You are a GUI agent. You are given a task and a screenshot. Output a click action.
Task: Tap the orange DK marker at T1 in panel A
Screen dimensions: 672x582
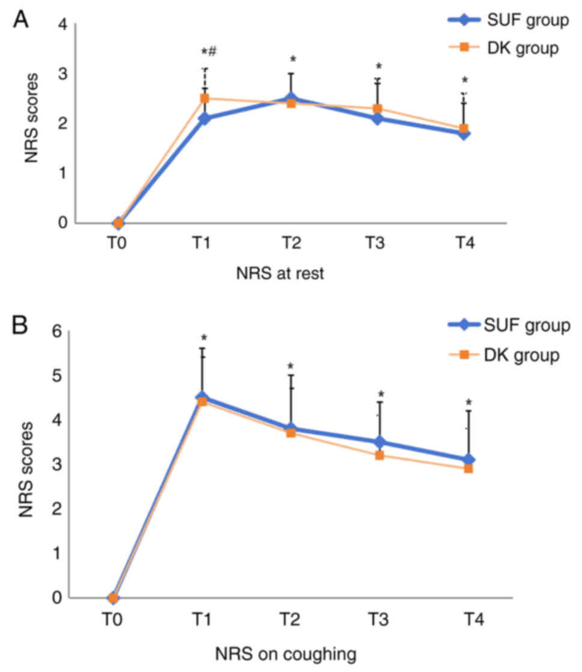pos(204,98)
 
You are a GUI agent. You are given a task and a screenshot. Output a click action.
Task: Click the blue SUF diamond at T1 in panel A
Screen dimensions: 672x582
pos(204,118)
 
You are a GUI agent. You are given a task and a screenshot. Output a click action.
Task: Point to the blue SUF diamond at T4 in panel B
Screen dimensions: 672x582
pos(468,460)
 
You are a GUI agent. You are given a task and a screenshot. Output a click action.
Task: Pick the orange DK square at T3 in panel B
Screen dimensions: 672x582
pos(380,455)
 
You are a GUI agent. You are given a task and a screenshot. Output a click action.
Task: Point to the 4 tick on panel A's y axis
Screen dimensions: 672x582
pos(62,25)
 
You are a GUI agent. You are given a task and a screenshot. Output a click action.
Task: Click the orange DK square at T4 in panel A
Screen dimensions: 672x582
pos(464,128)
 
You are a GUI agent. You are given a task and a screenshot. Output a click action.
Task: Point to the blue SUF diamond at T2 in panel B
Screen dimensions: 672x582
pos(291,428)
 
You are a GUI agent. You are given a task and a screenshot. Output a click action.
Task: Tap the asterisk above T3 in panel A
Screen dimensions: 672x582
pos(379,67)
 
